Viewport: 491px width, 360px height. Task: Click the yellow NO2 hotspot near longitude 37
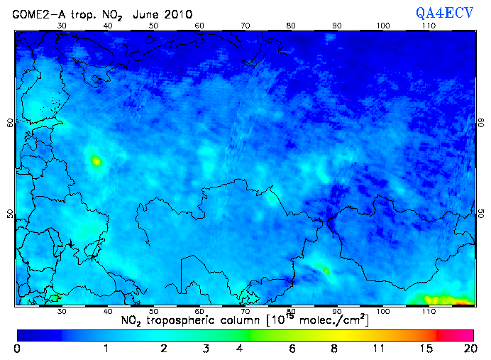point(96,161)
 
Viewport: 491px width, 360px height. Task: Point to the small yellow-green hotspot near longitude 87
point(326,271)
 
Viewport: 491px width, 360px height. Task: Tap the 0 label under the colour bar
point(16,349)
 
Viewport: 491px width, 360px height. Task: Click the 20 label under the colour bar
point(468,349)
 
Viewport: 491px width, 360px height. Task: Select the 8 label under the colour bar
point(333,349)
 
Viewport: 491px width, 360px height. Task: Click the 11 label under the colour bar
point(378,349)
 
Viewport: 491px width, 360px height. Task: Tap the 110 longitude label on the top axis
point(429,25)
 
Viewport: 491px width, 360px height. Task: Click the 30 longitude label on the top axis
point(62,25)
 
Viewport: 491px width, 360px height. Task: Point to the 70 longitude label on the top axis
point(245,25)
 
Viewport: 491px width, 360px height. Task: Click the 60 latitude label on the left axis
point(10,122)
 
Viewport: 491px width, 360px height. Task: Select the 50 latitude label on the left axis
point(10,214)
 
